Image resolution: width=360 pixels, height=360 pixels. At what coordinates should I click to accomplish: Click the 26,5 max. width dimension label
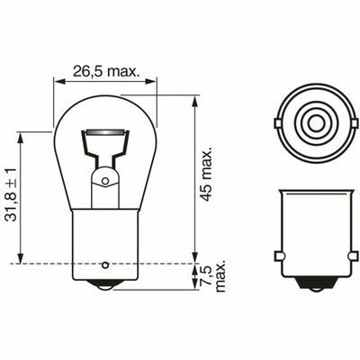105,71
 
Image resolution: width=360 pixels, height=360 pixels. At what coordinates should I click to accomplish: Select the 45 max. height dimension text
206,174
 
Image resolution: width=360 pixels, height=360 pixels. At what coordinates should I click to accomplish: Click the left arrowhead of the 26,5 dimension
59,81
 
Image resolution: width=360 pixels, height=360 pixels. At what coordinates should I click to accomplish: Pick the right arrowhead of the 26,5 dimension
150,81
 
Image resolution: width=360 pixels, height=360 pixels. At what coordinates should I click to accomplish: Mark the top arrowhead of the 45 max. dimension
194,102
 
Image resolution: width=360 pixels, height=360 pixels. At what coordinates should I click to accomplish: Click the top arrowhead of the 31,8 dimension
20,138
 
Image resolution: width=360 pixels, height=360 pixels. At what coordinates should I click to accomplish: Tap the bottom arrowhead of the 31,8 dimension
20,258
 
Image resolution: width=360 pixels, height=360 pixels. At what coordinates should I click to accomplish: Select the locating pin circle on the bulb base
105,265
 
